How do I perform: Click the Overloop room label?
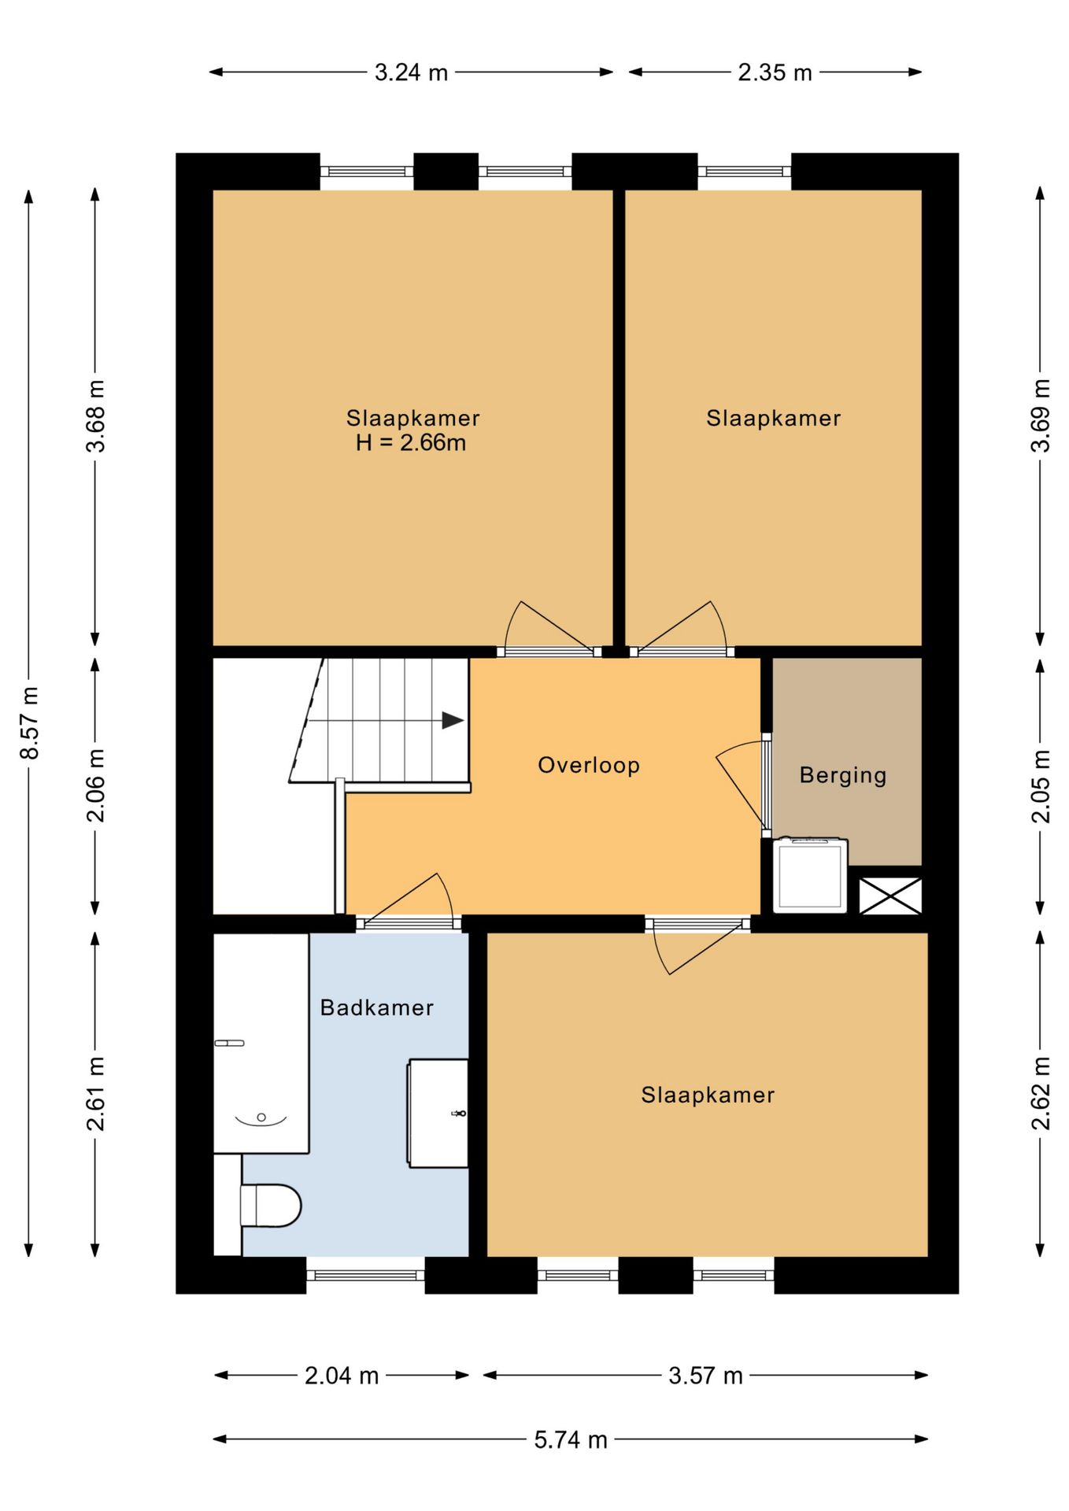[x=588, y=765]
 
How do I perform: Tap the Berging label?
[x=843, y=776]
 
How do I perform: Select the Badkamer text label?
[x=376, y=1007]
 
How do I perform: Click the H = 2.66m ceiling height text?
[x=411, y=442]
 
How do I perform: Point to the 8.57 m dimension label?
[x=30, y=722]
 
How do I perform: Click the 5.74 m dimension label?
[x=571, y=1439]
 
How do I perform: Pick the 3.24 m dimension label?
[x=411, y=72]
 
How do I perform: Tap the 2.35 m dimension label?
[x=775, y=72]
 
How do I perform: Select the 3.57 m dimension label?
[x=705, y=1376]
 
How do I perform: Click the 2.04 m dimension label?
[x=342, y=1376]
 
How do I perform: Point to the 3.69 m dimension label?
[x=1041, y=416]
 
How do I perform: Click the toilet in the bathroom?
[x=270, y=1206]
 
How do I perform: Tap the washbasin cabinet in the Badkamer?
[x=438, y=1114]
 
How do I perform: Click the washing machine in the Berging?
[x=810, y=876]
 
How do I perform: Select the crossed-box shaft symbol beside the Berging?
[x=890, y=896]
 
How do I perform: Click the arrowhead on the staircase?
[x=453, y=720]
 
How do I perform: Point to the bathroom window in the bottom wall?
[x=365, y=1275]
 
